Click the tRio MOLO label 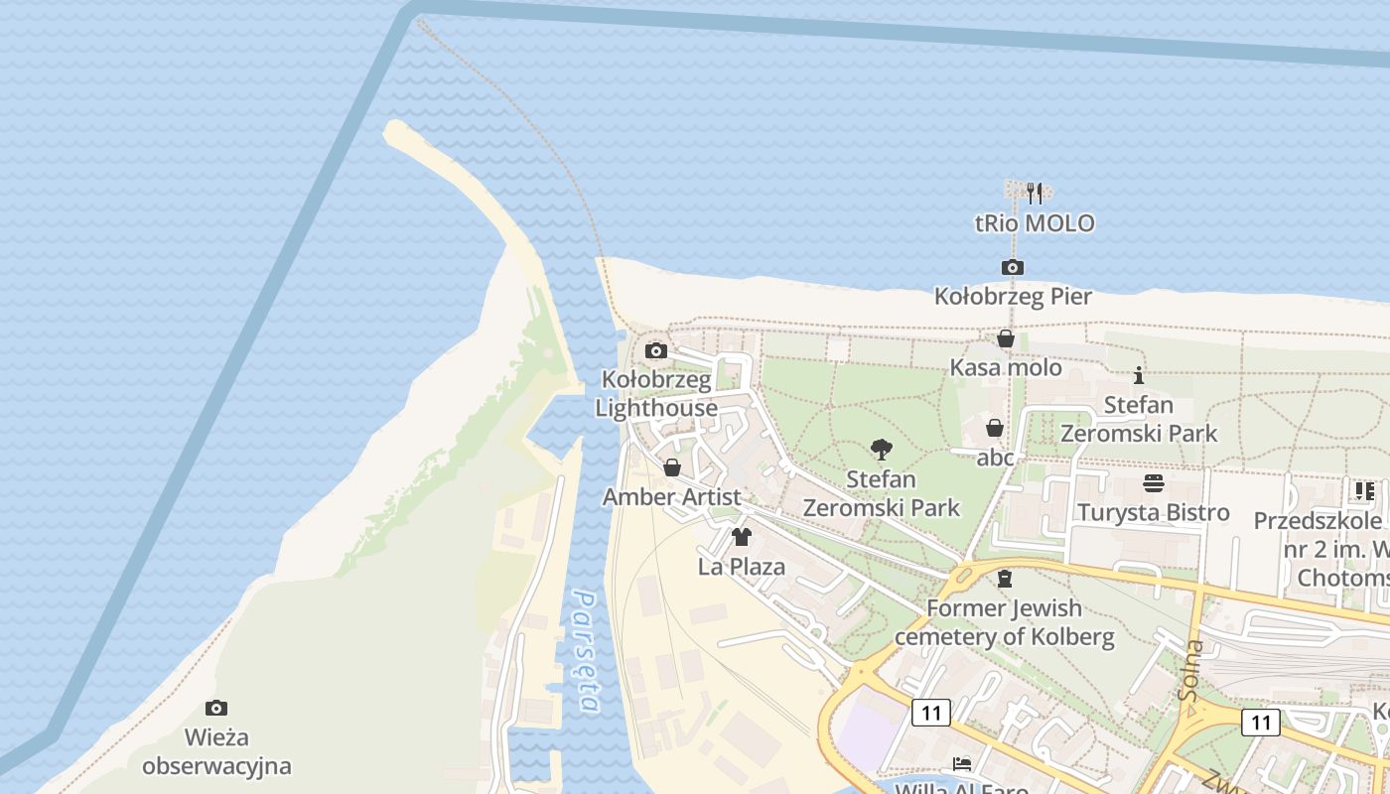1035,223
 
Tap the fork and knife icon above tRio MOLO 1034,192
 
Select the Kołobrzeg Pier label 1013,297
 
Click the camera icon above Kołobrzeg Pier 1013,267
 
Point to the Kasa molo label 1006,368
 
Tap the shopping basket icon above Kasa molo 1006,339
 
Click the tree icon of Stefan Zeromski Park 881,450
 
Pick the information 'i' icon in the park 1139,375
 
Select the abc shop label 996,458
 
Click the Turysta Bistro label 1154,513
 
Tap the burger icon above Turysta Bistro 1154,483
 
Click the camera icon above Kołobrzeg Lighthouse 655,350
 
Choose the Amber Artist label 671,497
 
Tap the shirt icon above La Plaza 741,537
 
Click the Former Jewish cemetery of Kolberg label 1005,622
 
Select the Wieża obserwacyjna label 216,751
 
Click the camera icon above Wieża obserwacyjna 216,708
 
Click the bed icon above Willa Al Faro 962,763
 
